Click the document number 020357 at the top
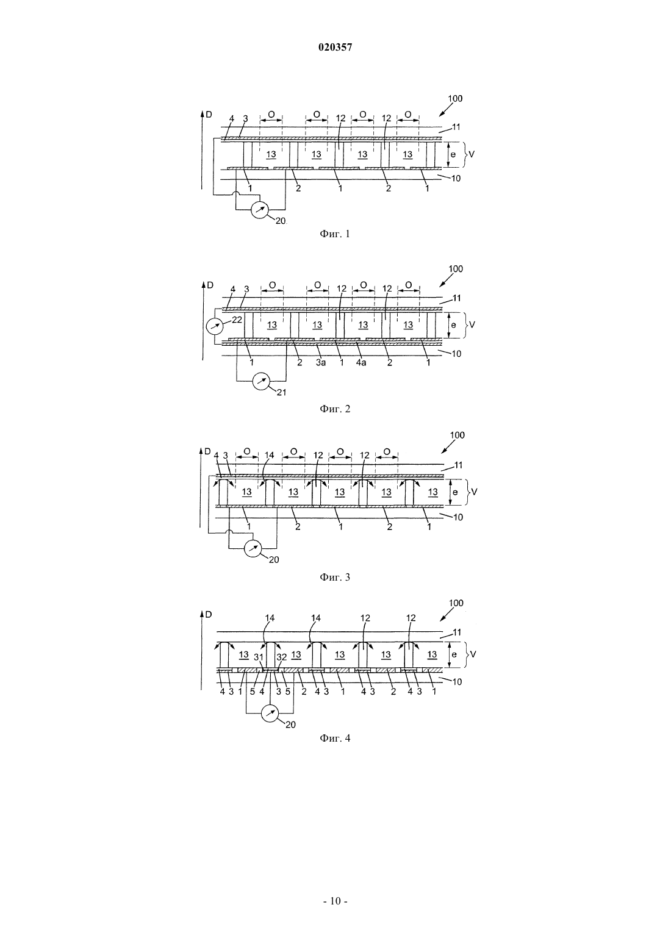[x=335, y=48]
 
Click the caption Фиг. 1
[x=335, y=234]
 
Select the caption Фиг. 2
[x=335, y=409]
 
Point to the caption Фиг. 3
[x=335, y=577]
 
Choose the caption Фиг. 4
[x=335, y=738]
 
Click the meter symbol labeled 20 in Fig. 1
[x=260, y=210]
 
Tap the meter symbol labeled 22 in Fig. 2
[x=213, y=326]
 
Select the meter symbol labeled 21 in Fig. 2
[x=260, y=381]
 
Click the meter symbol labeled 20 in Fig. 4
[x=270, y=714]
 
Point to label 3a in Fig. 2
[x=321, y=363]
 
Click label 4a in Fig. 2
[x=361, y=363]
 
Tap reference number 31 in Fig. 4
[x=259, y=657]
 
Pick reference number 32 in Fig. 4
[x=282, y=657]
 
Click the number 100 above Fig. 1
[x=456, y=99]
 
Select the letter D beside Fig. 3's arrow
[x=207, y=451]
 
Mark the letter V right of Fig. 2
[x=472, y=325]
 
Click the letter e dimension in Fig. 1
[x=453, y=155]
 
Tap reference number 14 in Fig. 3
[x=270, y=456]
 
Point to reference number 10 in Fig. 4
[x=457, y=682]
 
